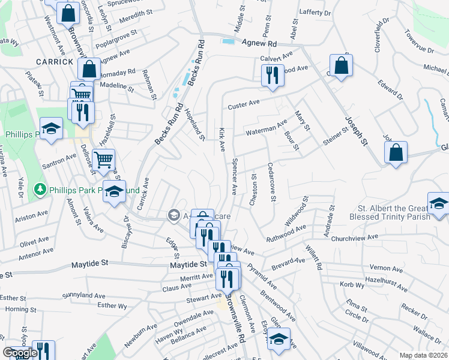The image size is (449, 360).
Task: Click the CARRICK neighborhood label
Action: (54, 62)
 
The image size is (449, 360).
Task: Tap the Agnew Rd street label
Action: (259, 43)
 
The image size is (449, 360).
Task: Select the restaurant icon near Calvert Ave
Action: (273, 74)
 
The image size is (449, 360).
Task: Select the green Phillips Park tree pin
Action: (40, 190)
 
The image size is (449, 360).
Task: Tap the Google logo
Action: (20, 353)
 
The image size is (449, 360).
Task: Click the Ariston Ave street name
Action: (32, 214)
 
